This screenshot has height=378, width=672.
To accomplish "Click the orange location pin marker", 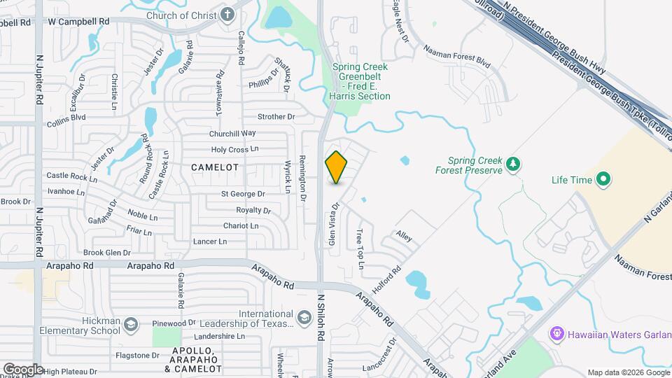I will [337, 167].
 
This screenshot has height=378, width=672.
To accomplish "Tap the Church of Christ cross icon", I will [228, 15].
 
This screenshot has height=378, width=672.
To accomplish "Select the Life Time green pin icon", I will [603, 180].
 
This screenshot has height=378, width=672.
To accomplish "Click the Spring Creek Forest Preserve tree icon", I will [514, 164].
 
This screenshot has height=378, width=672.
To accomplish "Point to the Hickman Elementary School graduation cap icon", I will [131, 325].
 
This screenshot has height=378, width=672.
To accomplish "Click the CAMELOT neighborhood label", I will [214, 168].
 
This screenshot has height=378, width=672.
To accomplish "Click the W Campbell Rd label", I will [79, 22].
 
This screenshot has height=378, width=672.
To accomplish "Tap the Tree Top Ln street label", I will [360, 248].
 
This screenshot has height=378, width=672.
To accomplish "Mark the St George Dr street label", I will [243, 194].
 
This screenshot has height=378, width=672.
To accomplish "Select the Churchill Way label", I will [232, 133].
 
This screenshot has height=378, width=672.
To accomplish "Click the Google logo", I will [22, 369].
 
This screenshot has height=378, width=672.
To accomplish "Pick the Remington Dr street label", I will [303, 178].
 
